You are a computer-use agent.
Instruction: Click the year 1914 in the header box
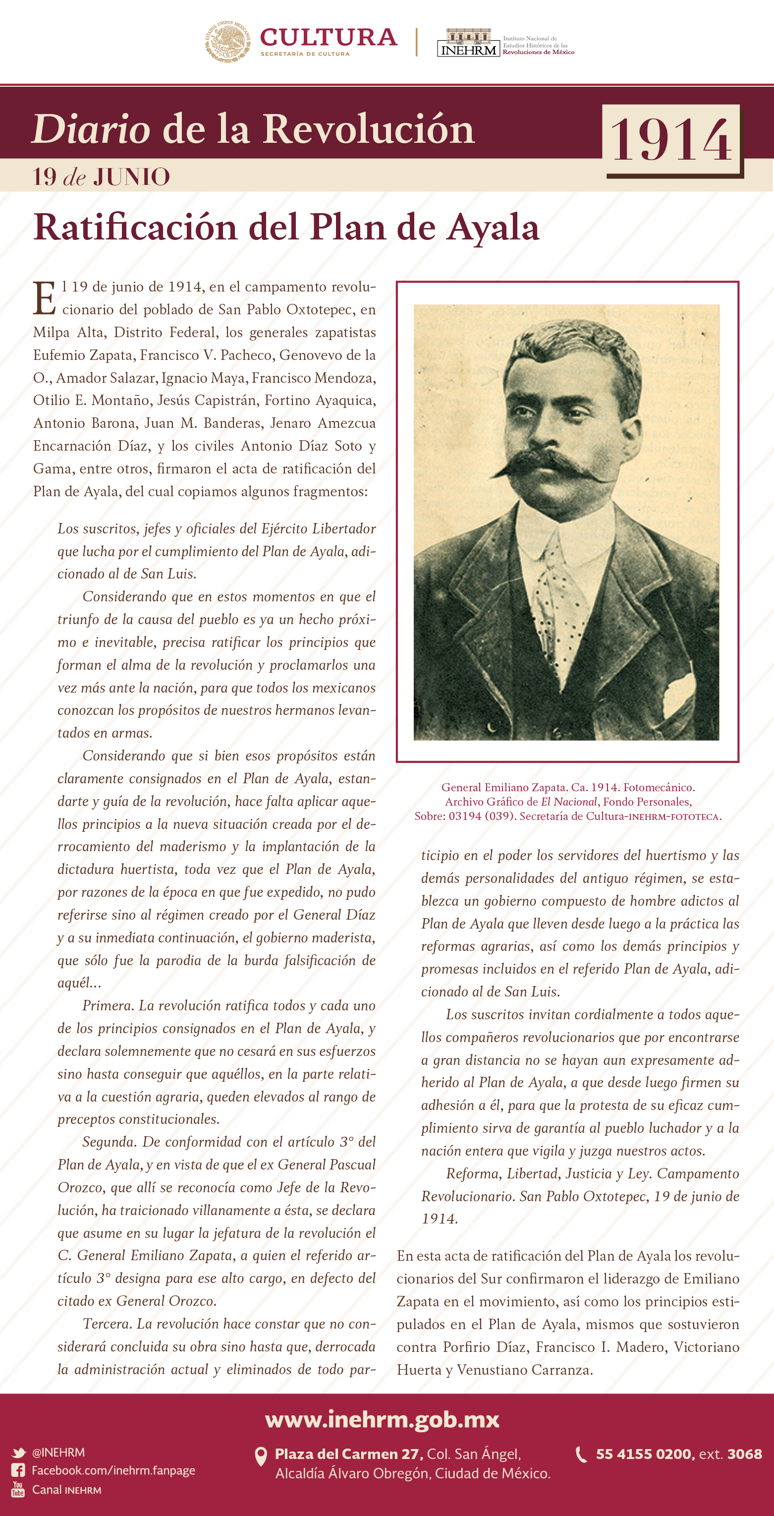671,140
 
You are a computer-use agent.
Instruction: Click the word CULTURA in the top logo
328,37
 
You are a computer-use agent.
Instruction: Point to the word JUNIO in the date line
132,177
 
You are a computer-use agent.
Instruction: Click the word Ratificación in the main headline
135,227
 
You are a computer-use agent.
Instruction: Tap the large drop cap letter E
45,298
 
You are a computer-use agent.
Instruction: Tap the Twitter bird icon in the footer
18,1453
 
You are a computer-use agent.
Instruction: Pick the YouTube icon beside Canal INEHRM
18,1490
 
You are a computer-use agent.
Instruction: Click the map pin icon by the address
261,1457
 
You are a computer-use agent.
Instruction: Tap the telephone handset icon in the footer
581,1454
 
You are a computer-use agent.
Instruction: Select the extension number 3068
745,1454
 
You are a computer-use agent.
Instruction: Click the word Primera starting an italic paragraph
108,1006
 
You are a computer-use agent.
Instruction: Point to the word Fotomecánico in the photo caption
659,787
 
